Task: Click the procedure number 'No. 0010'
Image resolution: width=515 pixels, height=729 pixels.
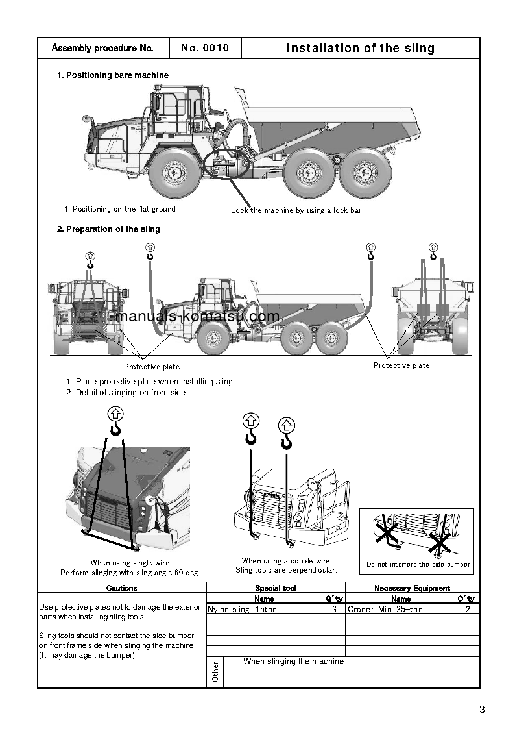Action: click(205, 48)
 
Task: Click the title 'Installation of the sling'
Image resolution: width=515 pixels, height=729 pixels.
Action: click(360, 48)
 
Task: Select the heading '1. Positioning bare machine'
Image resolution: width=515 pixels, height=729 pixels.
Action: click(113, 75)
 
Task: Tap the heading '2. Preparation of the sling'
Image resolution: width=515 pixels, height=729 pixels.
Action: click(108, 229)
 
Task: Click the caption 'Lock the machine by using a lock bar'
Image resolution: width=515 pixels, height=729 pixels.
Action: click(296, 210)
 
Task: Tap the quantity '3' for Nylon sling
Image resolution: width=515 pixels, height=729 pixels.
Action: click(334, 610)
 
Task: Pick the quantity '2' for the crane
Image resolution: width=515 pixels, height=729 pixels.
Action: click(468, 610)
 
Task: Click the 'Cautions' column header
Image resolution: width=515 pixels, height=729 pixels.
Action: click(122, 588)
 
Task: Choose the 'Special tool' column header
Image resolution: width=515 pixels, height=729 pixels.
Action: click(276, 588)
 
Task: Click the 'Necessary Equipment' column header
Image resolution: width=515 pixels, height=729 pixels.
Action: click(413, 588)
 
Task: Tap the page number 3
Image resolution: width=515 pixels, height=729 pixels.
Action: click(482, 710)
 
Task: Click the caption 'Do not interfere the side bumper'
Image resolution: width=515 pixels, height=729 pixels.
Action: click(418, 565)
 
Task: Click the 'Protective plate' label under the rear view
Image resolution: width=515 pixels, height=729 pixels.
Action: click(401, 365)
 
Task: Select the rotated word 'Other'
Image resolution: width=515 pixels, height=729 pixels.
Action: click(215, 672)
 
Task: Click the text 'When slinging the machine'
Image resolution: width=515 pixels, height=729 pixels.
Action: click(293, 661)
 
